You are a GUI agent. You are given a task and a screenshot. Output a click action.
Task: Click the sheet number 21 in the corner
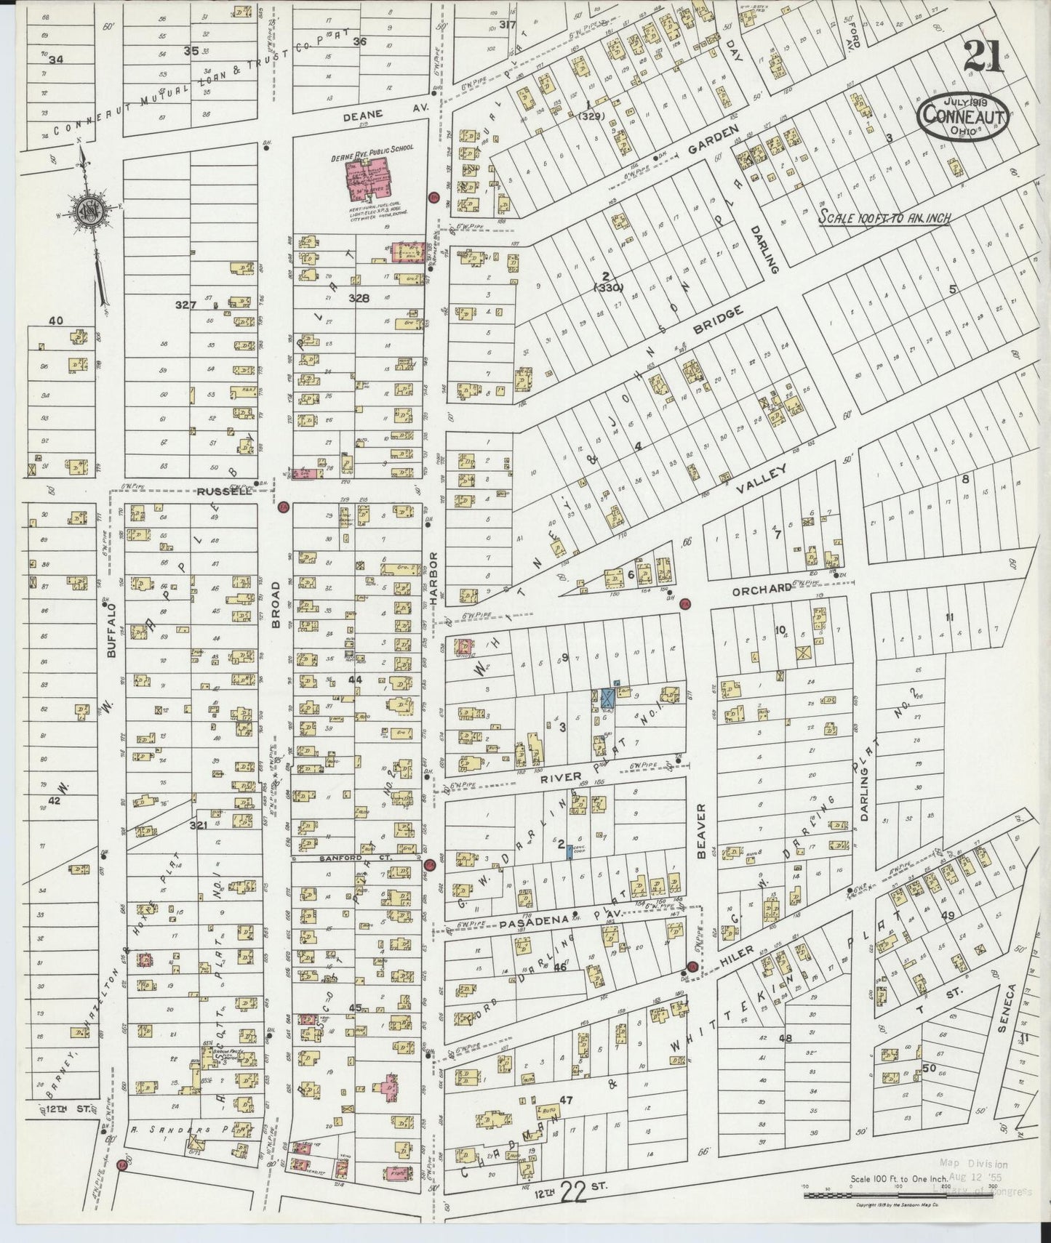[x=983, y=57]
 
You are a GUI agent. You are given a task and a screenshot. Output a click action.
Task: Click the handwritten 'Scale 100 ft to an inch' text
[x=884, y=217]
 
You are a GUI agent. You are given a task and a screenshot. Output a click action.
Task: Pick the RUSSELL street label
[x=224, y=491]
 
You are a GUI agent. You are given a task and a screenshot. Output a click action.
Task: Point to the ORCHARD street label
[x=761, y=590]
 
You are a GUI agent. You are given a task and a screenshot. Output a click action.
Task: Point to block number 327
[x=186, y=305]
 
